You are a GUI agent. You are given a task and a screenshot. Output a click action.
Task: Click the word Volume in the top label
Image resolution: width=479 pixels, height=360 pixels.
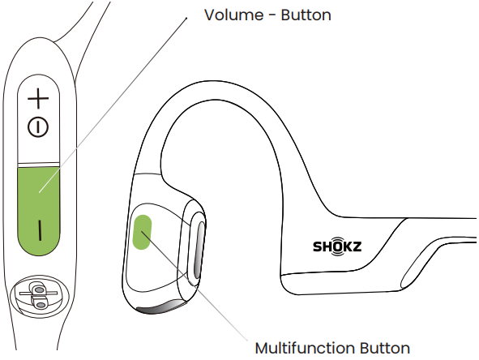(233, 15)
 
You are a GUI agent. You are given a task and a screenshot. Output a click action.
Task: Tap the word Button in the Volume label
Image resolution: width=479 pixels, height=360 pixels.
(306, 15)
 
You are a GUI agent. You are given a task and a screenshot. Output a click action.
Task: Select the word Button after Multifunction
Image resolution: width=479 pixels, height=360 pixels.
(385, 348)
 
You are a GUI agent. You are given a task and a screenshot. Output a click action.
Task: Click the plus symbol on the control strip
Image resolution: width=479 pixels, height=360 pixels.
(38, 98)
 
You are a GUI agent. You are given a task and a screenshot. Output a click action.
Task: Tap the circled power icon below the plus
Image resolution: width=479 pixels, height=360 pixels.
(38, 126)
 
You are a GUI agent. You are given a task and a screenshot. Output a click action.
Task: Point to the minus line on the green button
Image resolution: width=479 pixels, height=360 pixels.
(40, 229)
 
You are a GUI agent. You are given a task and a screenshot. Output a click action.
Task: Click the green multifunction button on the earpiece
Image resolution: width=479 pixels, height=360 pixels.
(142, 232)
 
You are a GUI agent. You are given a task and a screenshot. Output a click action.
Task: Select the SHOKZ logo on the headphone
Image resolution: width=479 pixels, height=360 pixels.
(337, 246)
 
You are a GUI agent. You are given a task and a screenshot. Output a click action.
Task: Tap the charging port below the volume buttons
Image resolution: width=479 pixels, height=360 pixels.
(39, 295)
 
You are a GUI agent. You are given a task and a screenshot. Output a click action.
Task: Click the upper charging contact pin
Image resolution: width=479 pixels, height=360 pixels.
(38, 288)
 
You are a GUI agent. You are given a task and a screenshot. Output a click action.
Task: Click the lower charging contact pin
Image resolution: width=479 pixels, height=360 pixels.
(40, 304)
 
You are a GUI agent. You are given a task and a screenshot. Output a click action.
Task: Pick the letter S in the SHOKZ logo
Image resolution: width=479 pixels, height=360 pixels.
(318, 246)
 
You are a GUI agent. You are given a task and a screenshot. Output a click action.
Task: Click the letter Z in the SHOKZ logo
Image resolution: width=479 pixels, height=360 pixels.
(357, 246)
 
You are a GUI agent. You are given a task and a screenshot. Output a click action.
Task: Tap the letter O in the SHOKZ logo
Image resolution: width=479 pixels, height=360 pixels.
(337, 246)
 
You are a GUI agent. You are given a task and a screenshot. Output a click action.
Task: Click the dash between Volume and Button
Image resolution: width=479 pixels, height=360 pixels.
(273, 16)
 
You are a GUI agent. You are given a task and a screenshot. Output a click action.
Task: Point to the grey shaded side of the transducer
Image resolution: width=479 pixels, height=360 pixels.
(200, 250)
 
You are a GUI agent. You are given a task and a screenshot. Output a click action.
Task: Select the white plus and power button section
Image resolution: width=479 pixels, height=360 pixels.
(38, 118)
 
